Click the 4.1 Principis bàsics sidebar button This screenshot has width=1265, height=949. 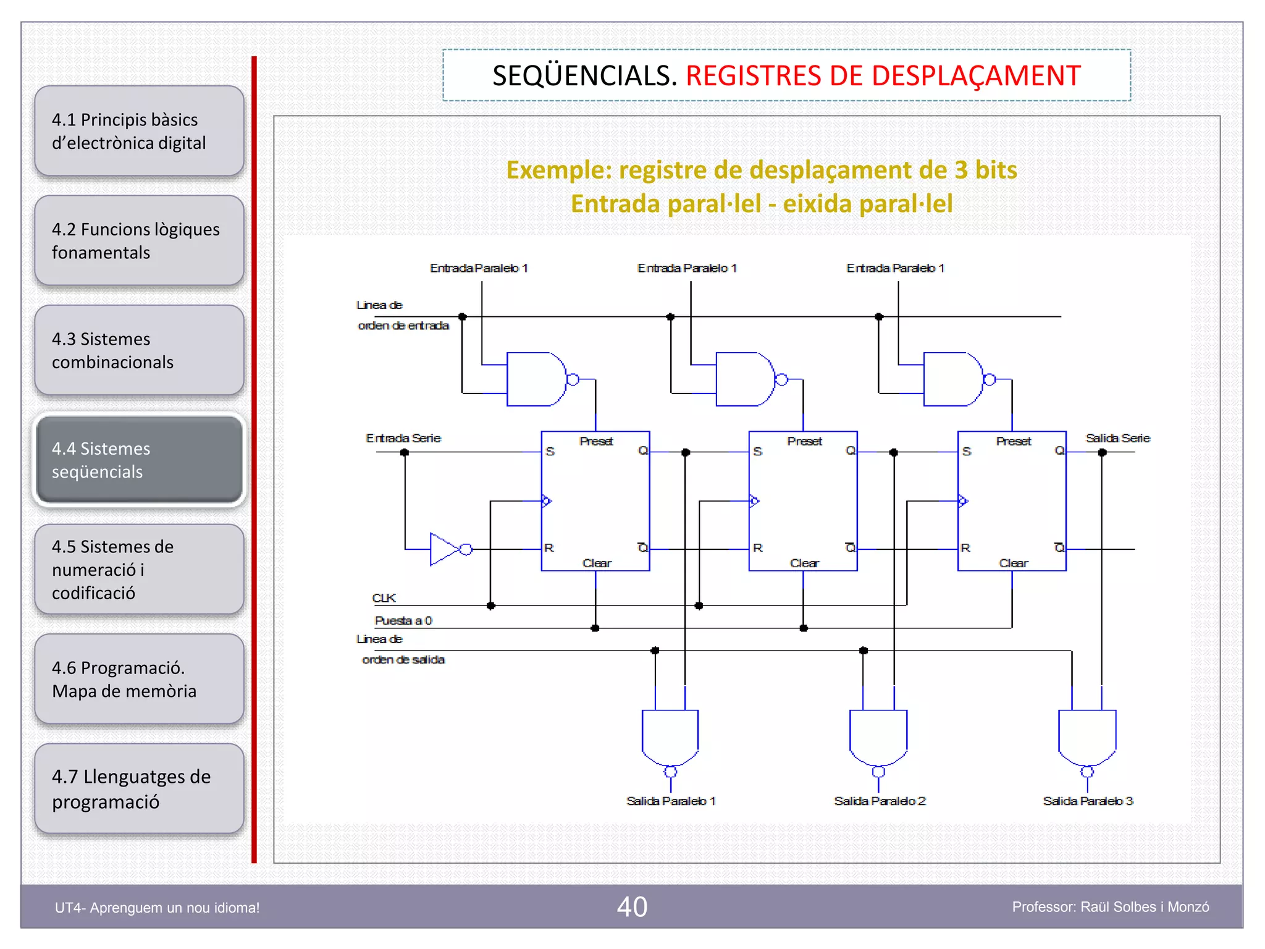pos(139,131)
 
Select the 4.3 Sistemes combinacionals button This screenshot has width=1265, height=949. pos(139,350)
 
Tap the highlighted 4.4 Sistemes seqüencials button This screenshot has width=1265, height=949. pos(139,460)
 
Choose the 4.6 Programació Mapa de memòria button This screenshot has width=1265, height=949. pos(139,679)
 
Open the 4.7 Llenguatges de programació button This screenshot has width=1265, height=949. pos(139,789)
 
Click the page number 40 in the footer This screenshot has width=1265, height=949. pos(632,907)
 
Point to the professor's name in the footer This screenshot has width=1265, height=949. pos(1110,907)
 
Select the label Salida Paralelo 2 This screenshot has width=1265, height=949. pos(880,801)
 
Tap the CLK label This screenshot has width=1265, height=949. pos(384,598)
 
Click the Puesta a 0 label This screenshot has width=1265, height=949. pos(403,620)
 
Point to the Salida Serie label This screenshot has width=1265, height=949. pos(1117,438)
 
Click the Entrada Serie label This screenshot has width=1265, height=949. pos(403,438)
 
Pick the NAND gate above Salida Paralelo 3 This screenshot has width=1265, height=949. pos(1087,738)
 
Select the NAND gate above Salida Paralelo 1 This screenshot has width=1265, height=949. pos(670,738)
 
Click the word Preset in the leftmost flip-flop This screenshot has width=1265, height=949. pos(596,441)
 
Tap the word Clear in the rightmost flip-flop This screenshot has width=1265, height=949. pos(1013,563)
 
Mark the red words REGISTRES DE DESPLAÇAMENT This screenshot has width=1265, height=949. pos(883,76)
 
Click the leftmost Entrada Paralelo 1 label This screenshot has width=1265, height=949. pos(479,268)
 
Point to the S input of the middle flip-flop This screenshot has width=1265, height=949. pos(758,452)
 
